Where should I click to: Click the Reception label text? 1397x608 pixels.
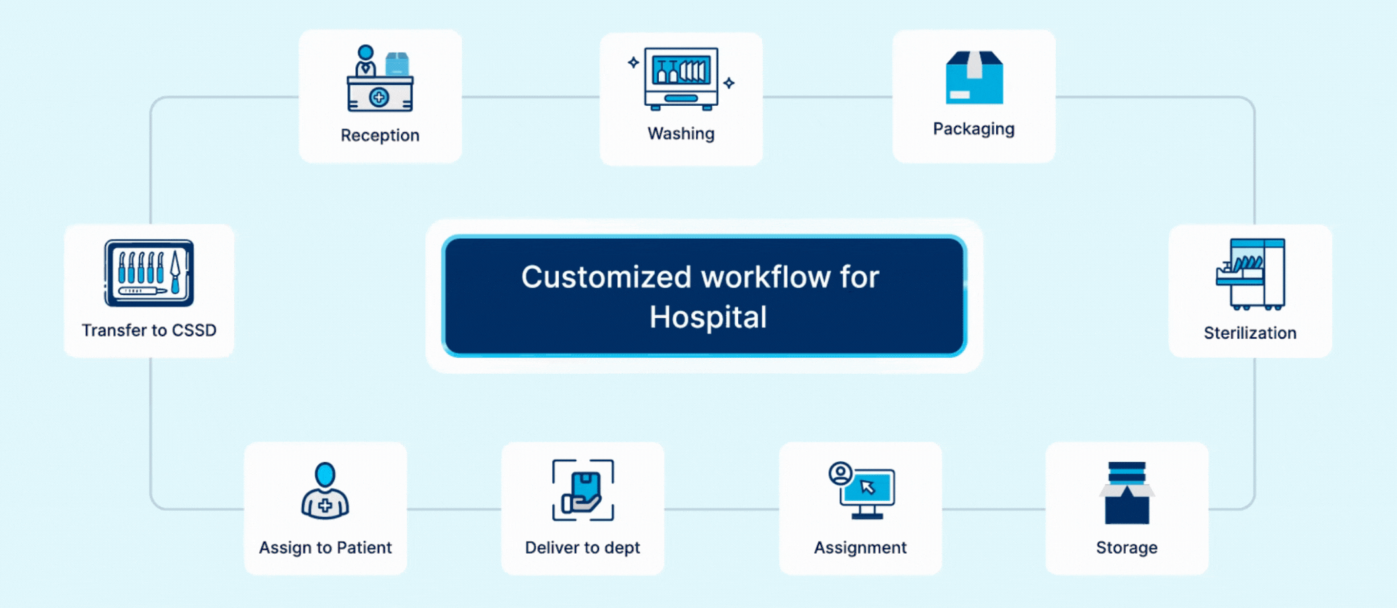pos(380,135)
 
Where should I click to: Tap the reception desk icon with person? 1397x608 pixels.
pos(380,79)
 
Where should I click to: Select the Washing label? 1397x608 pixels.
pos(681,134)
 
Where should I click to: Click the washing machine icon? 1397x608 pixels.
pos(681,77)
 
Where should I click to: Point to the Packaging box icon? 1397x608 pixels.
pos(974,77)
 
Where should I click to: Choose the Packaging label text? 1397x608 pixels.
pos(974,129)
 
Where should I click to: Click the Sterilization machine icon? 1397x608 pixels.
pos(1250,274)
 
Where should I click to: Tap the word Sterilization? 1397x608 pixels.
pos(1249,333)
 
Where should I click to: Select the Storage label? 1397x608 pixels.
pos(1126,548)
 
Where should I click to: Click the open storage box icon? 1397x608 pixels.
pos(1126,493)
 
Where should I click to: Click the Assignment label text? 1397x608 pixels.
pos(860,548)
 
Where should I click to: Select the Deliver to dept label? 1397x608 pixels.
pos(582,548)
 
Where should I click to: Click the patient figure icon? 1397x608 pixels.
pos(325,491)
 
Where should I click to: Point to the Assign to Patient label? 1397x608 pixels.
pos(325,548)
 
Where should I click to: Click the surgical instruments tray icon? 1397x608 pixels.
pos(149,273)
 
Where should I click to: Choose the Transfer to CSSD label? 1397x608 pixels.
pos(149,330)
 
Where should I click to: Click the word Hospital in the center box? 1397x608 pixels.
pos(708,318)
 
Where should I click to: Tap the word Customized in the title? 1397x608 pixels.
pos(606,277)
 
